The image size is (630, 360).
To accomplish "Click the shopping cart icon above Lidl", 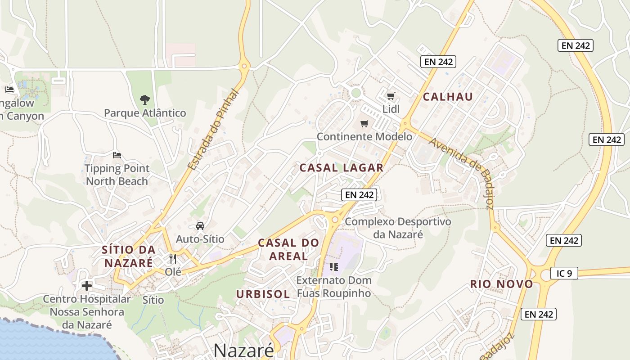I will tap(391, 96).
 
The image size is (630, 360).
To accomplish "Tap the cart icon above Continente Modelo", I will tap(364, 123).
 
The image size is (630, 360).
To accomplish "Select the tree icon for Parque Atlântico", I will tap(144, 99).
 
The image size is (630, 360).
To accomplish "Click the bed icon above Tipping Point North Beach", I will tap(117, 155).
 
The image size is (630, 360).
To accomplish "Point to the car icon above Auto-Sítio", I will tap(200, 225).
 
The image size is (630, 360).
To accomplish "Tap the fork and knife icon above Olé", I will tap(173, 259).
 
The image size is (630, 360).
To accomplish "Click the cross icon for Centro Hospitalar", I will tap(87, 285).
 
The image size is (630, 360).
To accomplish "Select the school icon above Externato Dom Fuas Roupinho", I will tap(333, 267).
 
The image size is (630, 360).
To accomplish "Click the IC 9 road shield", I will tap(564, 273).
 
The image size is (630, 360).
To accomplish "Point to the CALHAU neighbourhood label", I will tap(448, 97).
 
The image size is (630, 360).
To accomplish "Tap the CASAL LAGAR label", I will tap(342, 168).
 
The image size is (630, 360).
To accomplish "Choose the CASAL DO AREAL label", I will tap(288, 249).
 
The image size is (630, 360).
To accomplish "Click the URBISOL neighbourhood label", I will tap(263, 294).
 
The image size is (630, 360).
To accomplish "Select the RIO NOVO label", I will tap(502, 284).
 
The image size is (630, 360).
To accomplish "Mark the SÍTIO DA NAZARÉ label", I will tap(129, 256).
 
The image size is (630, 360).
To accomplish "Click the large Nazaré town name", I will tap(243, 350).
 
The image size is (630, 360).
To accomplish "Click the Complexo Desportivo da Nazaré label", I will tap(398, 228).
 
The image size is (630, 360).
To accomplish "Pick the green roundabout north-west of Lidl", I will tap(356, 93).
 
